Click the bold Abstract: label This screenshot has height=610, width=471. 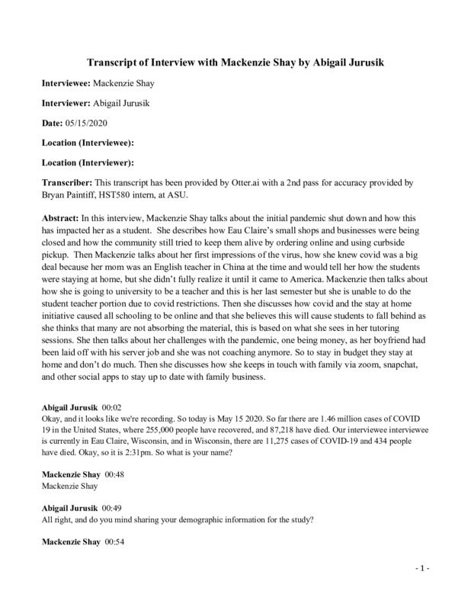[61, 218]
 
